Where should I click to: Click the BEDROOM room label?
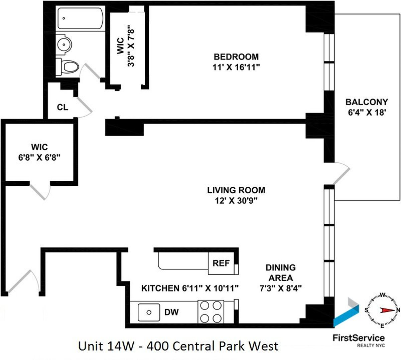click(236, 57)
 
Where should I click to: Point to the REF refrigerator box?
click(221, 263)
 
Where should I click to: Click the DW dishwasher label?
click(171, 312)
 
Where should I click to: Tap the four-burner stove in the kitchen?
click(211, 312)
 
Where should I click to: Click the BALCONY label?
click(367, 102)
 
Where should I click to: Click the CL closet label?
click(62, 108)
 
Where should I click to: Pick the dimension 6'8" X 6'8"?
click(39, 157)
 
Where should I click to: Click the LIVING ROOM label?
click(236, 190)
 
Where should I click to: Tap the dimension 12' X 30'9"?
click(236, 201)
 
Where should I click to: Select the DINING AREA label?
click(281, 273)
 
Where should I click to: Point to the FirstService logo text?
click(359, 338)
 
